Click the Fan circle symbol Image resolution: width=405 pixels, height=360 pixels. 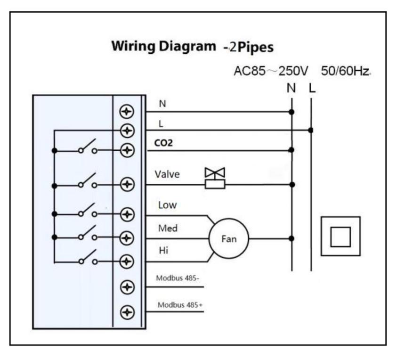coord(229,238)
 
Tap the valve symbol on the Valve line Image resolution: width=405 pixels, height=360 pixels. coord(215,178)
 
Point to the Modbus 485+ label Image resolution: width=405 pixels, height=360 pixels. coord(180,304)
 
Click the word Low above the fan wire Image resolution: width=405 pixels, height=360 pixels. coord(167,205)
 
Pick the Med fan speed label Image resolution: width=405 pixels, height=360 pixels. coord(168,229)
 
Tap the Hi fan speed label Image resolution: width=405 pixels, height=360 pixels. coord(163,251)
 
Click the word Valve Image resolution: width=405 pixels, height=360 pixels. coord(167,174)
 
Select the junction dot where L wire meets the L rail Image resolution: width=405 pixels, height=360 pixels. coord(311,130)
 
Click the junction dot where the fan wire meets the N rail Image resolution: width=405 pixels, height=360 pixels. coord(292,238)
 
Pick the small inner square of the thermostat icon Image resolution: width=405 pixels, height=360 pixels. coord(340,236)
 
